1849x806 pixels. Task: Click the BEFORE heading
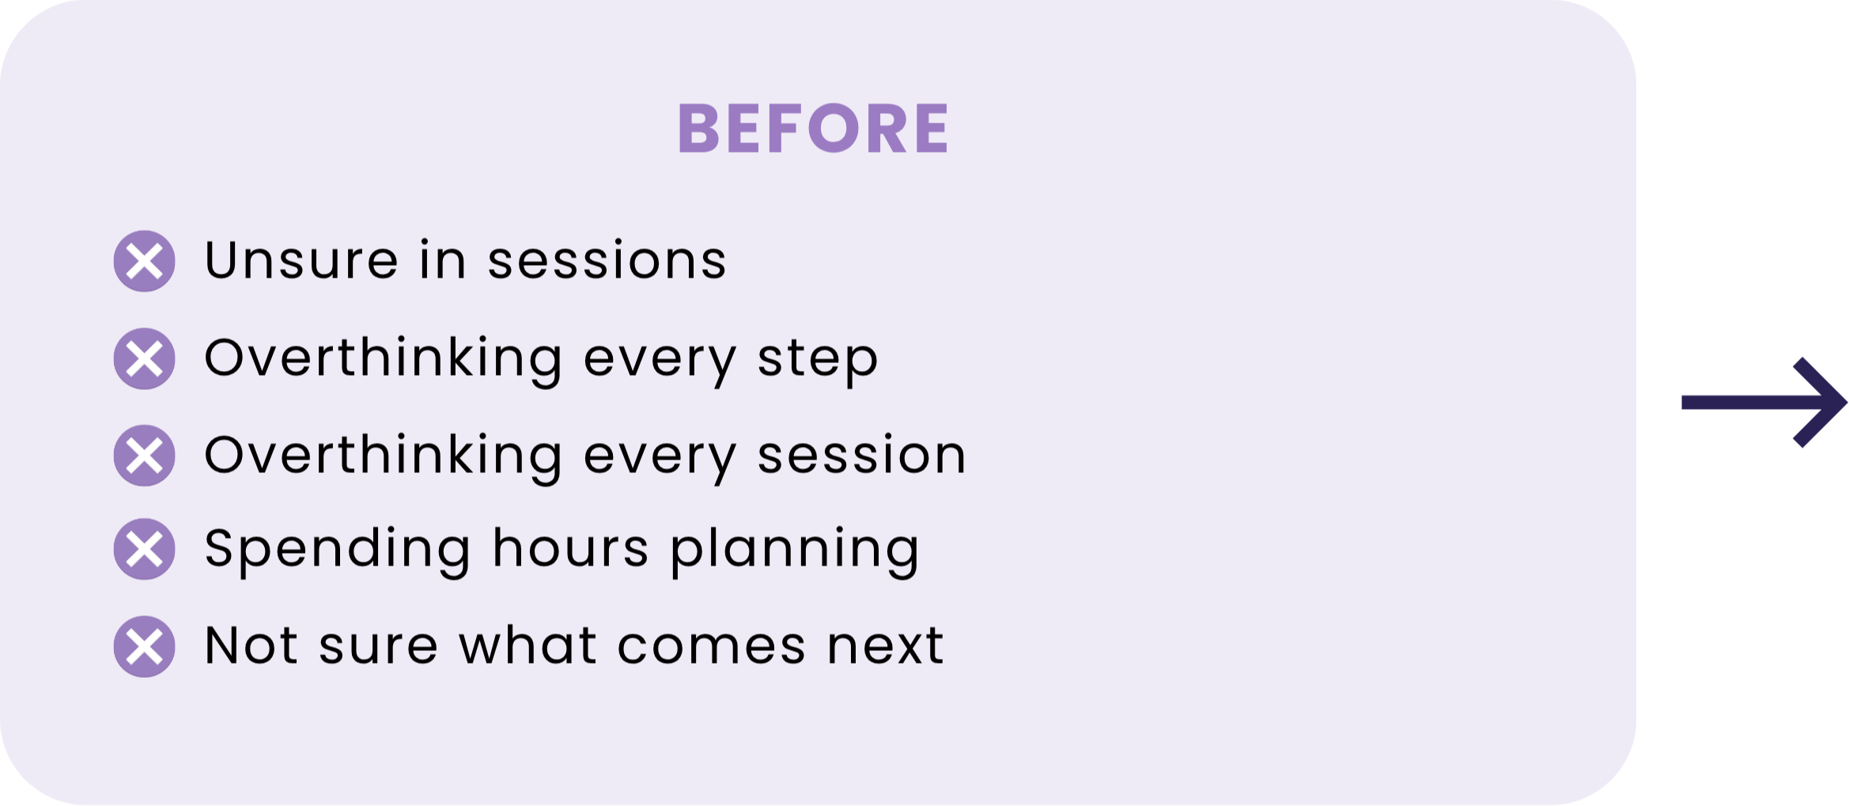[813, 127]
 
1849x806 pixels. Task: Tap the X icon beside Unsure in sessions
[144, 261]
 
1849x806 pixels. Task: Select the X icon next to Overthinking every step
[144, 358]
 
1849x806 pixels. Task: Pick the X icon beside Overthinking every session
[144, 456]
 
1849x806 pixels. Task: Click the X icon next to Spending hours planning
[144, 549]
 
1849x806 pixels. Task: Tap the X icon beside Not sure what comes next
[144, 646]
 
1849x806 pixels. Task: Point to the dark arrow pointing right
[1764, 403]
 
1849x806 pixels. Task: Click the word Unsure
[301, 259]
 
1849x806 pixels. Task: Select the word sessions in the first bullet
[607, 260]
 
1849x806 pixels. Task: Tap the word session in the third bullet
[861, 455]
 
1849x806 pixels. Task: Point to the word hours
[570, 547]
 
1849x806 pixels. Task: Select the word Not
[251, 645]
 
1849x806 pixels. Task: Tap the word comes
[712, 645]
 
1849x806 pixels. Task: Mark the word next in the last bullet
[885, 645]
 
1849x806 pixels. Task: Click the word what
[527, 645]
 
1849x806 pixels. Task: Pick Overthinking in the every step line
[384, 361]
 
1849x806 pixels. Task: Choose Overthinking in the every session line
[384, 458]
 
